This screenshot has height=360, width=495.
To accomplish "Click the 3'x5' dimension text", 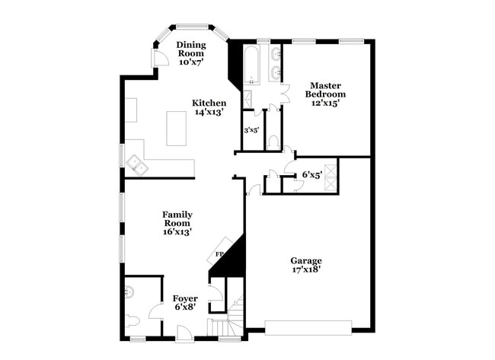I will (251, 130).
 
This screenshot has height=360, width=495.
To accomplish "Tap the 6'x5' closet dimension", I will (311, 174).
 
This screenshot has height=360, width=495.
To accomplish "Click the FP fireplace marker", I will (219, 253).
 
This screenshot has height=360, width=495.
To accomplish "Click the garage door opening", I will (308, 327).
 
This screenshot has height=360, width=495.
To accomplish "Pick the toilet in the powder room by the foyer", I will (134, 320).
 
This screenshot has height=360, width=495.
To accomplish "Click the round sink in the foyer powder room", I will (130, 290).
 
